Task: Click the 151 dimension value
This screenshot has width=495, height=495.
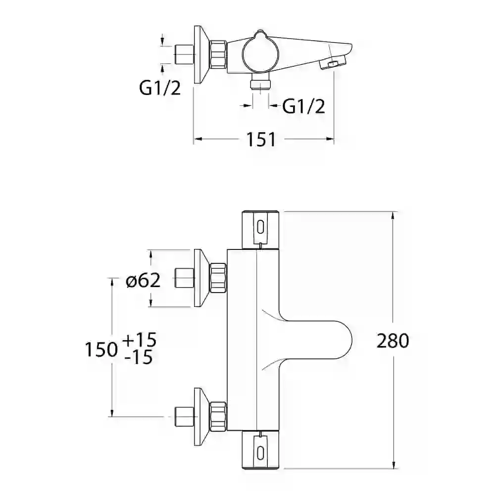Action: tap(261, 139)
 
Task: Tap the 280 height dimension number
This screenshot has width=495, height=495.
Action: tap(393, 341)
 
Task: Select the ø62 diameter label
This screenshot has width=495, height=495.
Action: tap(143, 280)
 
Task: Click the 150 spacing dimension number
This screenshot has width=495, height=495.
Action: tap(101, 349)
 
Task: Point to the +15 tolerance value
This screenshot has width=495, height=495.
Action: tap(139, 340)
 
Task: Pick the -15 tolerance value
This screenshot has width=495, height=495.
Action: tap(139, 357)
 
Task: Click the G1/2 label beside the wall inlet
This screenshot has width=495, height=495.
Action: tap(160, 88)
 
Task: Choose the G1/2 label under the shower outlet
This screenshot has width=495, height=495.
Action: tap(303, 106)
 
